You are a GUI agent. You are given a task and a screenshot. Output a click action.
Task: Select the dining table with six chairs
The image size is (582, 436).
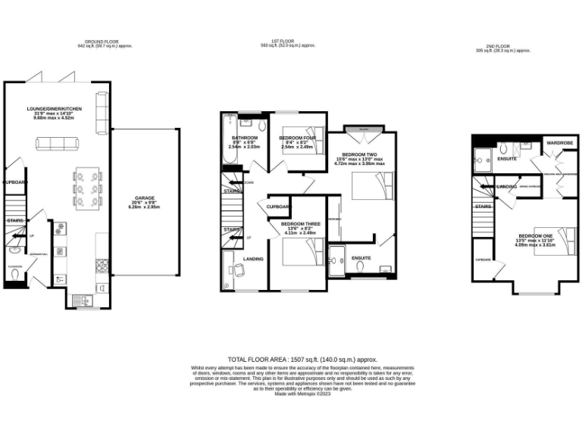(88, 185)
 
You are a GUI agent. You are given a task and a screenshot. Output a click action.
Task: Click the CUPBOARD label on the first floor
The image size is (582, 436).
(280, 206)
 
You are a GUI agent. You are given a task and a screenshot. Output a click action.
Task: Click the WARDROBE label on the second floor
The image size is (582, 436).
(559, 142)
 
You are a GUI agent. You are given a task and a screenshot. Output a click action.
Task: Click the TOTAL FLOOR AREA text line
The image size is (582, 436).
(302, 360)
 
